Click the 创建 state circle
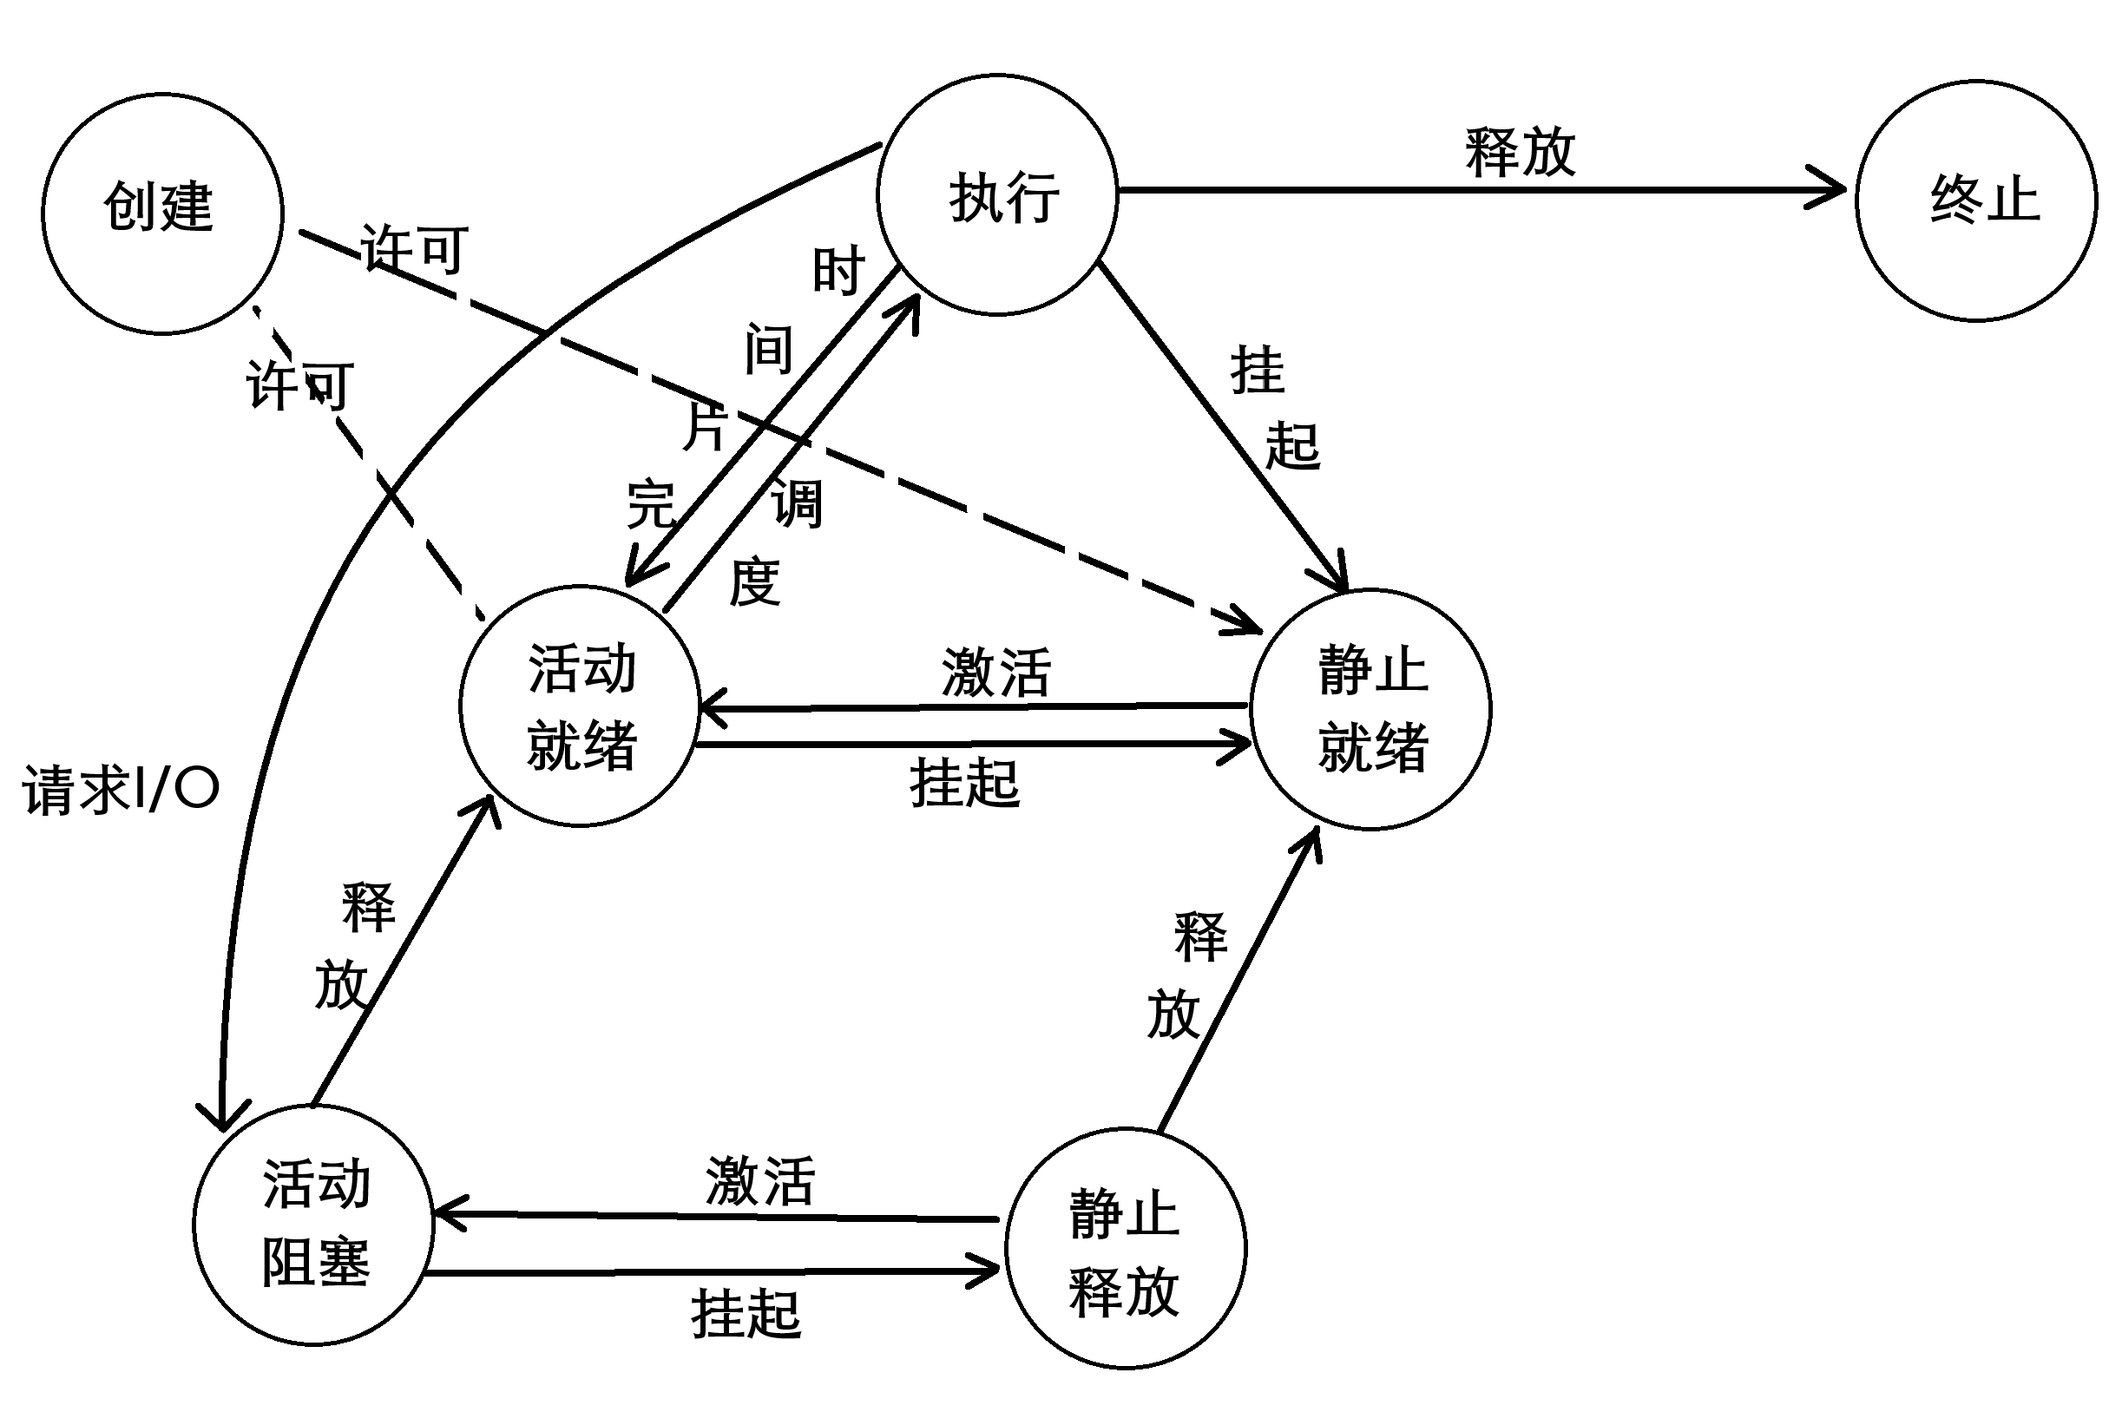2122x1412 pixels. click(163, 213)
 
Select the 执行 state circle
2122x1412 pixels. click(997, 195)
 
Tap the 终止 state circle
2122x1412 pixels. click(1976, 200)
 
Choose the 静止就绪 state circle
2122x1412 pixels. click(1370, 709)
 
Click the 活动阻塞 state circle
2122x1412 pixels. click(314, 1225)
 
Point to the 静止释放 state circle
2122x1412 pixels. click(1126, 1248)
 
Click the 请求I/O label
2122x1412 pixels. click(121, 790)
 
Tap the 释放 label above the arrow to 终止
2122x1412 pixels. click(1521, 152)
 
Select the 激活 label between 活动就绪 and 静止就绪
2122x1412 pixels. click(995, 673)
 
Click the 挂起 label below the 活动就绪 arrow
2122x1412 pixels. click(964, 783)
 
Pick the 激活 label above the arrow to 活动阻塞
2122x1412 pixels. click(760, 1181)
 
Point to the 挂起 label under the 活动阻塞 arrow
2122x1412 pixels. click(746, 1314)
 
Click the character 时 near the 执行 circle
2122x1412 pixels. click(838, 271)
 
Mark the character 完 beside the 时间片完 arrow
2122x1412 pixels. click(651, 504)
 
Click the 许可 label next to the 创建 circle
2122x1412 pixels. click(414, 248)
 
